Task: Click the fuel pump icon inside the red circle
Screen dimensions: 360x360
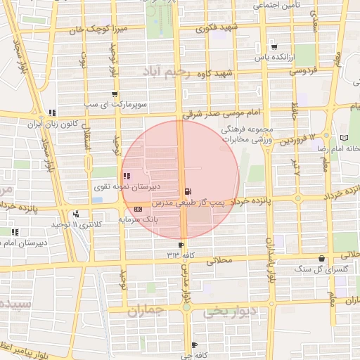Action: [187, 191]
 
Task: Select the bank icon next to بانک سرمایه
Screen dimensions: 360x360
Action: [137, 209]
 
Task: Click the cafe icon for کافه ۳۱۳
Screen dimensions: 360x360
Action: [181, 245]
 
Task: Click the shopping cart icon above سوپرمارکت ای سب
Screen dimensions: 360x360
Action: [115, 94]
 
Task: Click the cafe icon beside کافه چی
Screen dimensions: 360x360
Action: [194, 345]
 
